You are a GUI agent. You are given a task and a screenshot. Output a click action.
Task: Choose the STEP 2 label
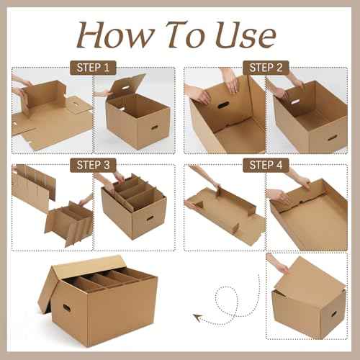(266, 68)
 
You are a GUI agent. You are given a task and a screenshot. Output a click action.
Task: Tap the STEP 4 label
(266, 165)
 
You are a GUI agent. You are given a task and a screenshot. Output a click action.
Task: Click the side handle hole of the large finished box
(66, 307)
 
